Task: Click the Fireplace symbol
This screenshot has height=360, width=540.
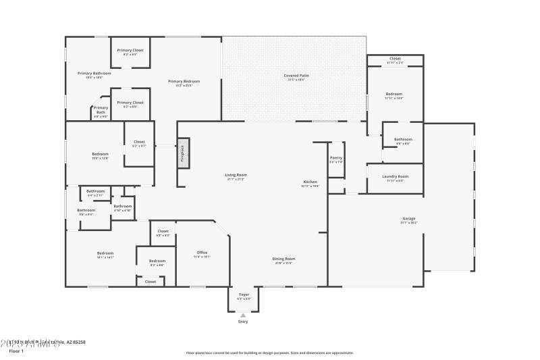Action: tap(183, 153)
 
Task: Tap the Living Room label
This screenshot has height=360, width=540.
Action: tap(236, 176)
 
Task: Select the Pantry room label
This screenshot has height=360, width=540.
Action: tap(336, 158)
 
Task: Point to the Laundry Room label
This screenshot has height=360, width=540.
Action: tap(395, 177)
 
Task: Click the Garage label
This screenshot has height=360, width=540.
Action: tap(408, 219)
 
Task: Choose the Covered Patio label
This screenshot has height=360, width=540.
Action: tap(294, 76)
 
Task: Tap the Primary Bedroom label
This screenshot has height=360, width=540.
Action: tap(184, 81)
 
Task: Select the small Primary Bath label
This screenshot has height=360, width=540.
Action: tap(101, 108)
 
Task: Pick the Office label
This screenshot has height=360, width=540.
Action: tap(202, 253)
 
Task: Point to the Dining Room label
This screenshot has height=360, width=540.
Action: tap(284, 259)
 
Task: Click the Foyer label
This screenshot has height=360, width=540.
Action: tap(244, 294)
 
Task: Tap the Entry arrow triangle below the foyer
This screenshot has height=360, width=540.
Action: tap(243, 315)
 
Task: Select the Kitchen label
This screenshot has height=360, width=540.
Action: tap(310, 182)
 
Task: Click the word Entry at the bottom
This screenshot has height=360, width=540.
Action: tap(243, 322)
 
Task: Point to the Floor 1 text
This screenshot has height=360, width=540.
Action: tap(16, 351)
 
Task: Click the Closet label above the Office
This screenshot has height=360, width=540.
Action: tap(163, 231)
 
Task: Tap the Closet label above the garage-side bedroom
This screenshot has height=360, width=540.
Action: tap(395, 59)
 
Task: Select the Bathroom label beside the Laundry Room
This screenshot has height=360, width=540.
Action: tap(403, 140)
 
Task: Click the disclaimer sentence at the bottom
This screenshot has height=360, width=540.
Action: tap(269, 353)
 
